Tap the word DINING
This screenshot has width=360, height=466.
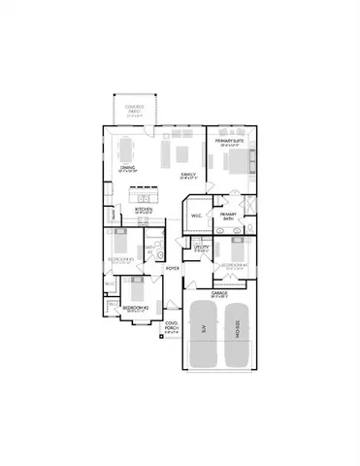point(127,168)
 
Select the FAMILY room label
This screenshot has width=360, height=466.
point(188,175)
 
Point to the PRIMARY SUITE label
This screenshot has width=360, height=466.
point(229,140)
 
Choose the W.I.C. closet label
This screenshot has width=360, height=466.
point(195,216)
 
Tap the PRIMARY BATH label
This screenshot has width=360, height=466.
point(228,216)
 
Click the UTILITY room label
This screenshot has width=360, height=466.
point(201,248)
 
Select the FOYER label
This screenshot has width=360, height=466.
point(173,268)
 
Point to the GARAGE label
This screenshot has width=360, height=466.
point(218,291)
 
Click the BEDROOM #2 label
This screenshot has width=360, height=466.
point(134,307)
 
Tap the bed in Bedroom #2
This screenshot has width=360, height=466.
point(133,289)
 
